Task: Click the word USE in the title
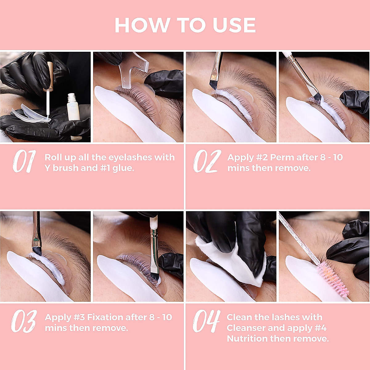(234, 25)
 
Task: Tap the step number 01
(24, 161)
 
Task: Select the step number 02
(207, 161)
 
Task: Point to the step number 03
(24, 321)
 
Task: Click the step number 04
(206, 321)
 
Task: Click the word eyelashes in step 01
(129, 158)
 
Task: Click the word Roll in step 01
(53, 158)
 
